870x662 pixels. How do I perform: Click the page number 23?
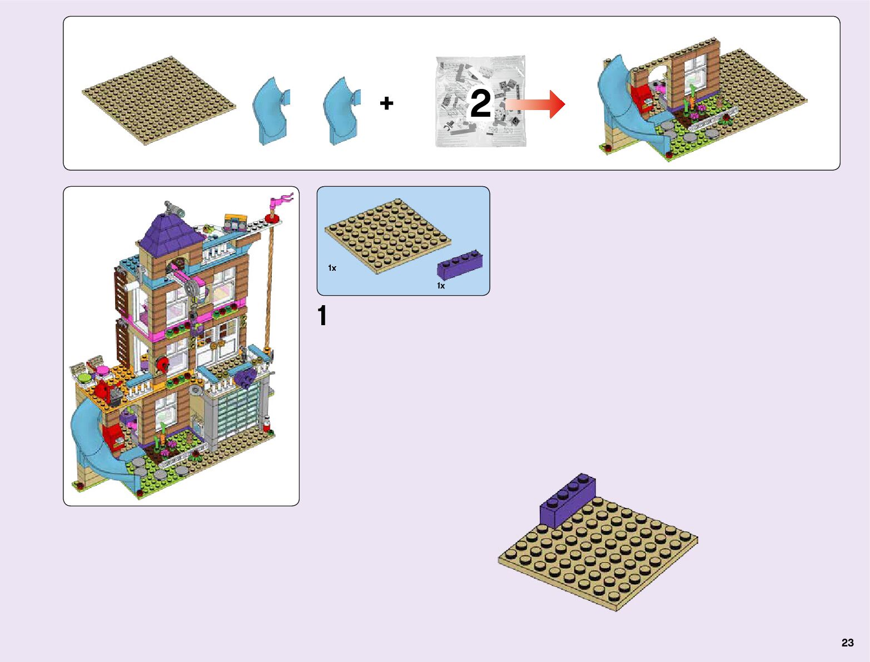click(847, 643)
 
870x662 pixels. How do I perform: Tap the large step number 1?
click(322, 316)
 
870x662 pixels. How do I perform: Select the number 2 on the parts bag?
click(480, 103)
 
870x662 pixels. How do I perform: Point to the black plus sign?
click(386, 103)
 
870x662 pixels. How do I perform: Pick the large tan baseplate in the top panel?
click(158, 100)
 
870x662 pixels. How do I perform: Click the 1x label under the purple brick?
click(441, 286)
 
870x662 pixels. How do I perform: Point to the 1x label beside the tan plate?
click(332, 268)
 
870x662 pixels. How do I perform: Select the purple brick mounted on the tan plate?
click(567, 500)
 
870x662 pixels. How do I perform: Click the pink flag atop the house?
click(281, 200)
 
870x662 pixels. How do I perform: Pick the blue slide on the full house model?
click(95, 445)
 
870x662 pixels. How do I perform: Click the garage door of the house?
click(238, 414)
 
